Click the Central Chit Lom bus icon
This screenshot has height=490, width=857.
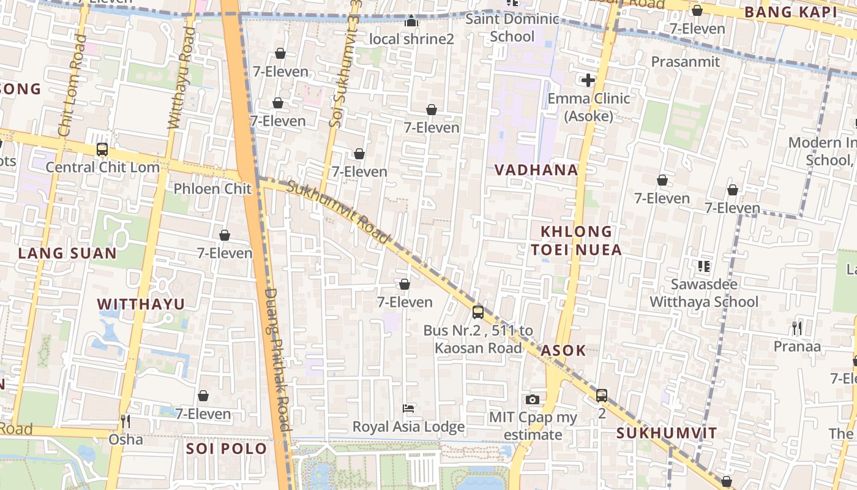(x=102, y=149)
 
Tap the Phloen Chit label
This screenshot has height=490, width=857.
(x=212, y=189)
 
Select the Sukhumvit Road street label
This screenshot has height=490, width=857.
(x=338, y=212)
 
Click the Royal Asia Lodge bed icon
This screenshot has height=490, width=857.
(x=408, y=408)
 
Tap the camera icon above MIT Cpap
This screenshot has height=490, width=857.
(x=533, y=400)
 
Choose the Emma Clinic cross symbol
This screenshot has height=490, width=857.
(x=588, y=80)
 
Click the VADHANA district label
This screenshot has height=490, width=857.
(x=536, y=170)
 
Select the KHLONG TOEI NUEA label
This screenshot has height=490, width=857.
(x=576, y=240)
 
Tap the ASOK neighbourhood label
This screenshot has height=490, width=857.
(x=563, y=351)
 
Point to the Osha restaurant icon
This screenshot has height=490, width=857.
(x=125, y=421)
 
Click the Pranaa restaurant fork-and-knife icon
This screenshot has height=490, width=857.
(x=796, y=328)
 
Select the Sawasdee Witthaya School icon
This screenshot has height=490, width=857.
(x=703, y=266)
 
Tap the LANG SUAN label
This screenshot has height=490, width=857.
(x=67, y=253)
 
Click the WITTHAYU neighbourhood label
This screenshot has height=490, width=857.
(x=141, y=304)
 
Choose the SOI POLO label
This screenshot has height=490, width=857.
(x=226, y=448)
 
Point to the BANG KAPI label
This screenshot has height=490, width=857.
(x=790, y=12)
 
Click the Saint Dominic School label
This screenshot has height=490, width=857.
(x=512, y=28)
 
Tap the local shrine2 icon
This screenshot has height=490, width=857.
(x=411, y=22)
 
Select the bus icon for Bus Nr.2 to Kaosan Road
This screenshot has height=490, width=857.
(x=478, y=312)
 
